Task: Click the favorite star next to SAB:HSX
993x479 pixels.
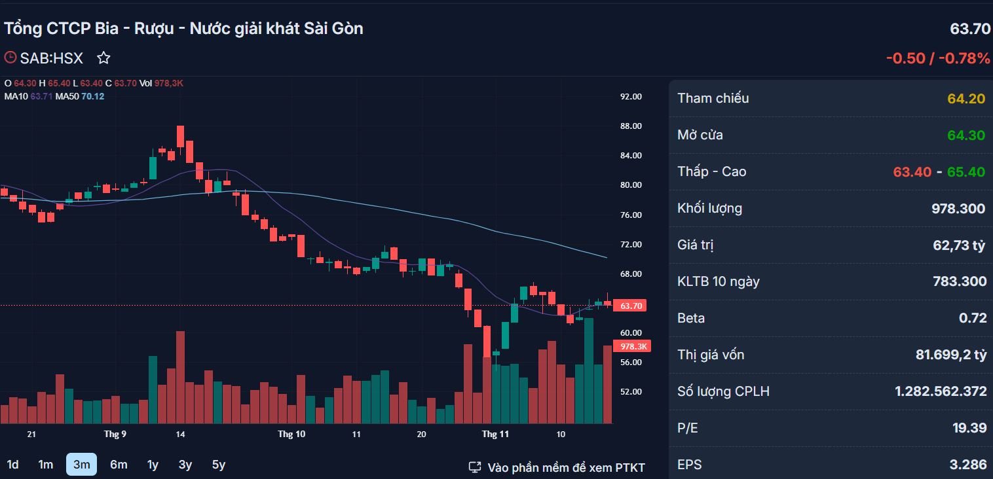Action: (103, 58)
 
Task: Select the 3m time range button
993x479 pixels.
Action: (82, 465)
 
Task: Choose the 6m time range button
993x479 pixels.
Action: (119, 465)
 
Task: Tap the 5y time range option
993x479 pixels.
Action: (219, 465)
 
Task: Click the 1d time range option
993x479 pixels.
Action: (12, 465)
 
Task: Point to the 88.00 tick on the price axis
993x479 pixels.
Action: (631, 126)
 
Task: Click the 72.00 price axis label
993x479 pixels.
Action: (631, 244)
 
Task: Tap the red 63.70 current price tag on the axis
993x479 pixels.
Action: (630, 306)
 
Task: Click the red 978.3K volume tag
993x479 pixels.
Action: (632, 346)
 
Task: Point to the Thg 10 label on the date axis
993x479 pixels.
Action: (291, 434)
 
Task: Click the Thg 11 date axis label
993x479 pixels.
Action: (495, 434)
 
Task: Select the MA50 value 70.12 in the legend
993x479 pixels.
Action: (92, 96)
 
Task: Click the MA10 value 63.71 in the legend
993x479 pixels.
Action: (41, 96)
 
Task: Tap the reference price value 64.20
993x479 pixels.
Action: (966, 98)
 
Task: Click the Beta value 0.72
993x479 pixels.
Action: (973, 318)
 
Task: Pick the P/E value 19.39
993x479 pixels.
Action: (969, 428)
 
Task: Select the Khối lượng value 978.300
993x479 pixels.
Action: (959, 208)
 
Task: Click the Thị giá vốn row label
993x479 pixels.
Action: (711, 355)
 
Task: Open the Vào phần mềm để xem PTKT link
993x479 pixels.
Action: (566, 467)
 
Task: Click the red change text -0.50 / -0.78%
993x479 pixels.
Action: (938, 58)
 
